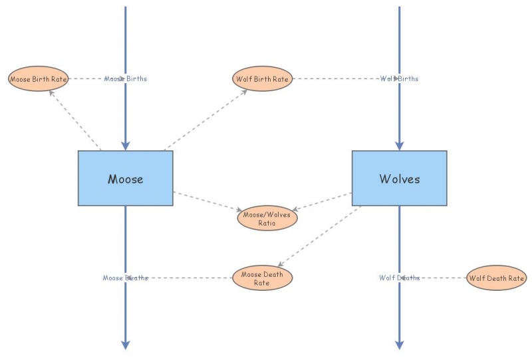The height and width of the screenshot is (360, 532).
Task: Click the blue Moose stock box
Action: click(125, 178)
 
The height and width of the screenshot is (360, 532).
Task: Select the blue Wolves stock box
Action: click(399, 178)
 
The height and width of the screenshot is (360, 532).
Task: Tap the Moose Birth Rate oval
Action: click(38, 79)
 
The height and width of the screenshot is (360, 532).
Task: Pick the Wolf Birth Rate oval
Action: click(263, 79)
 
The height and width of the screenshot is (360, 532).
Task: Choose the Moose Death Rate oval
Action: click(262, 277)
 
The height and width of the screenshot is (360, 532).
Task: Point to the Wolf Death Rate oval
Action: click(496, 277)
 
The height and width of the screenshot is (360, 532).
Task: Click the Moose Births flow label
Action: click(126, 79)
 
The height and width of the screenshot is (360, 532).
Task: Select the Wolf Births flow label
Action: click(399, 79)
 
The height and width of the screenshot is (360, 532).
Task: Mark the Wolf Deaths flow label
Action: click(399, 277)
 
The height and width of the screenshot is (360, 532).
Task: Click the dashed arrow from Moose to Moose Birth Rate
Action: click(74, 120)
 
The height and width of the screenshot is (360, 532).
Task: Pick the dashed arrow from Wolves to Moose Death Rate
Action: click(319, 236)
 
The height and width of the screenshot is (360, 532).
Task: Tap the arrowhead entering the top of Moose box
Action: click(125, 146)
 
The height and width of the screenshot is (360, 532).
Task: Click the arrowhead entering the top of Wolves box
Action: click(399, 146)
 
